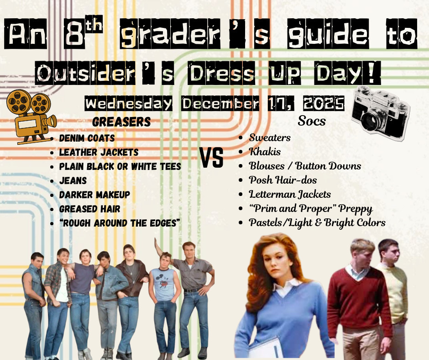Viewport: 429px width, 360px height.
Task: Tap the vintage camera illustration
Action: click(379, 112)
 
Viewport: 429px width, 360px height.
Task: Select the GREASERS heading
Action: click(121, 122)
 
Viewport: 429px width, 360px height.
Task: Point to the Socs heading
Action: click(312, 121)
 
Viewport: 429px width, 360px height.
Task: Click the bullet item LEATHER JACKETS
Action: click(99, 152)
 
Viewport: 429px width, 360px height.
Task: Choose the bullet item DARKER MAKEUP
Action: click(94, 195)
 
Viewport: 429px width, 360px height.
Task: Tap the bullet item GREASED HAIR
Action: click(89, 209)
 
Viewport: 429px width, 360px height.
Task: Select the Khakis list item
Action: click(265, 152)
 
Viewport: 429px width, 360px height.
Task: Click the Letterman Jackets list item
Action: click(290, 194)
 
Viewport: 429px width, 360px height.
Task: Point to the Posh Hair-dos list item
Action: click(283, 180)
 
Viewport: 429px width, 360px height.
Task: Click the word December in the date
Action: click(220, 104)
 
